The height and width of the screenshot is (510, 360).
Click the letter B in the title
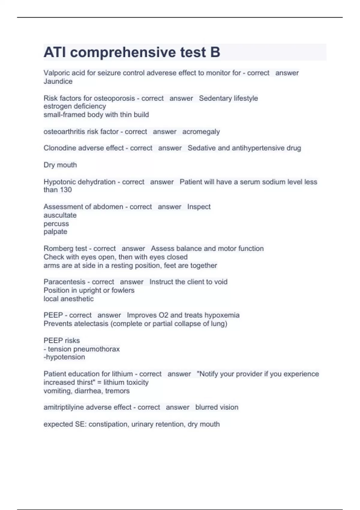point(215,52)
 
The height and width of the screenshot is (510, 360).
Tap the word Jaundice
point(58,81)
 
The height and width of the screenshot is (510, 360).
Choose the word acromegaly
point(201,132)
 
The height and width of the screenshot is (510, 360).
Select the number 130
point(66,190)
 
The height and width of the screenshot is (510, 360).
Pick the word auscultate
point(60,215)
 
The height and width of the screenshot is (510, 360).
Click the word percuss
point(56,223)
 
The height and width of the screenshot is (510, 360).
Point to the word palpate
point(55,232)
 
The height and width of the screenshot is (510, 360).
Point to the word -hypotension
point(64,357)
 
